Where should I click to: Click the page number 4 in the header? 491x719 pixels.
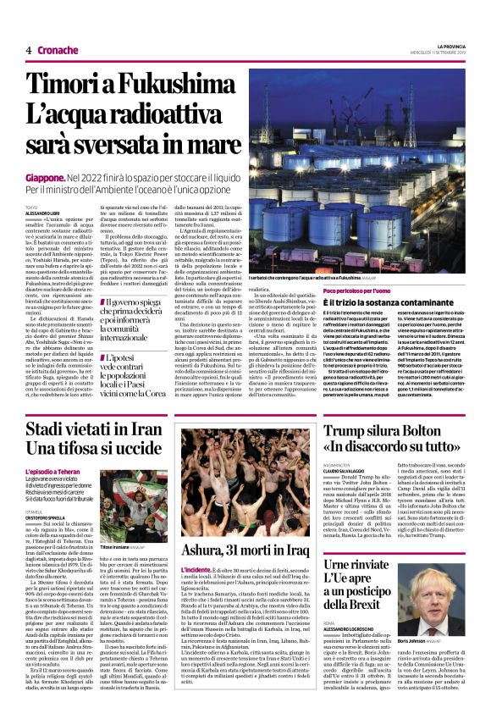point(28,50)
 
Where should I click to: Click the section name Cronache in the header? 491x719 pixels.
point(58,50)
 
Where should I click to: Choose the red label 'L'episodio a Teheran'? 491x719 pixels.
point(52,470)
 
